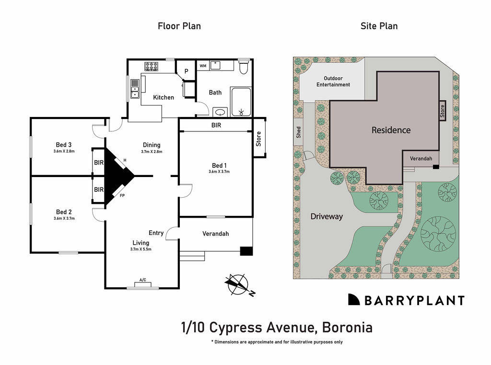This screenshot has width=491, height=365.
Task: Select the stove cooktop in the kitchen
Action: (152, 67)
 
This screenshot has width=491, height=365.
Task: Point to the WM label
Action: (203, 66)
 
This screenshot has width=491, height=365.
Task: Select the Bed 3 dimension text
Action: (64, 151)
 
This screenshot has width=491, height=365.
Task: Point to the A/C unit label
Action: (143, 280)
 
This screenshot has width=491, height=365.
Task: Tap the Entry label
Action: (156, 233)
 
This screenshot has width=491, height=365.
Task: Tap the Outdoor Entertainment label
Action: (333, 82)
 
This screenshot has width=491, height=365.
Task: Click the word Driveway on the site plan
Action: (327, 216)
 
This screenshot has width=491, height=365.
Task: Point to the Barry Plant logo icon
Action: (354, 300)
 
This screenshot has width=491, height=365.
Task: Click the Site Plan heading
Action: (379, 26)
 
